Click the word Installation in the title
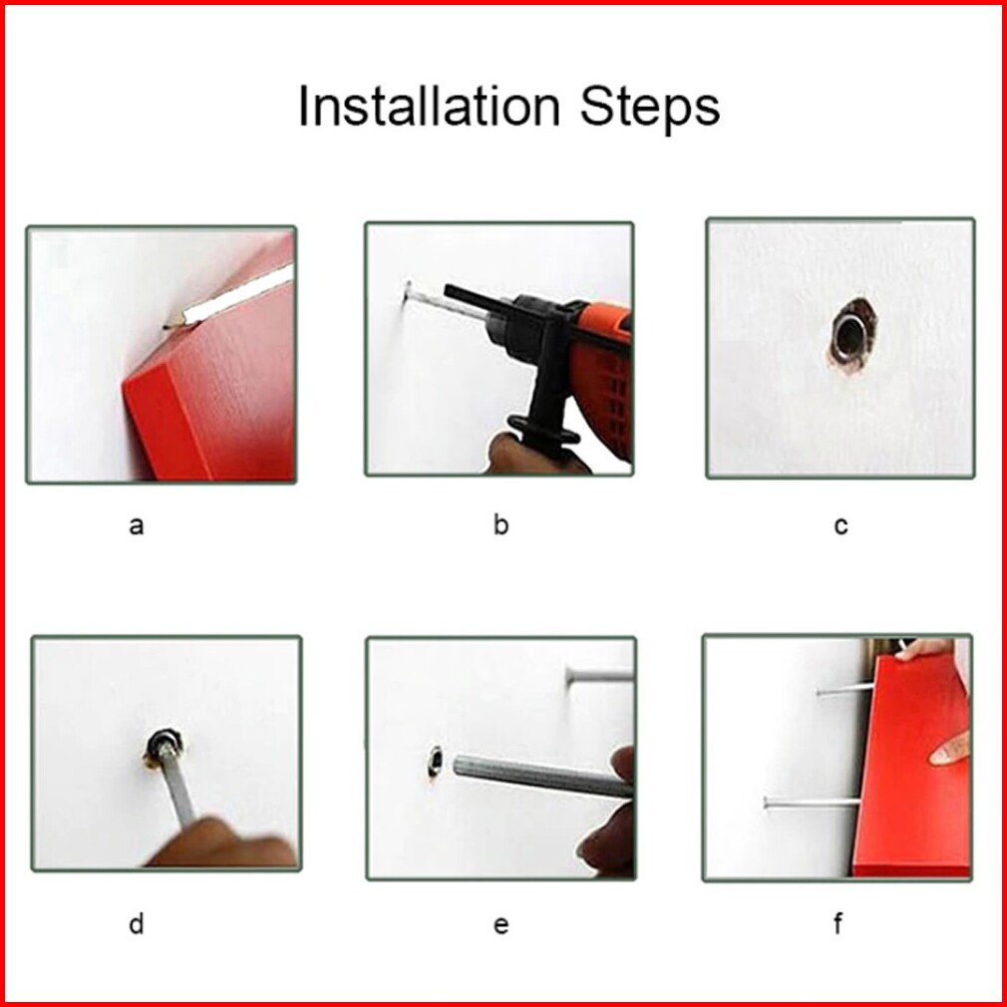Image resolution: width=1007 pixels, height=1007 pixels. (x=429, y=106)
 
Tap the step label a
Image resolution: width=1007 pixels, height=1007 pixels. (x=137, y=526)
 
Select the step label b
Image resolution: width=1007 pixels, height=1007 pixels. (x=501, y=524)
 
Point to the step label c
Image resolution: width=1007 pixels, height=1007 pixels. (x=840, y=526)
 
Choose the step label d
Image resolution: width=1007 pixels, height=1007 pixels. (x=137, y=924)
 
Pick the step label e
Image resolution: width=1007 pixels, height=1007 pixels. (x=501, y=925)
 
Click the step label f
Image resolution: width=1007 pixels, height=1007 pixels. (x=839, y=923)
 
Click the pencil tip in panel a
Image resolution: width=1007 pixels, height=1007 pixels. (x=167, y=326)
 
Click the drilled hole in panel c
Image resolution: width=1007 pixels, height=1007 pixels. (x=850, y=335)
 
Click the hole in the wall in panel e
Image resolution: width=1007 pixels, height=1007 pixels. (x=436, y=761)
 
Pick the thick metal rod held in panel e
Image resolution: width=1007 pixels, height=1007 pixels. (x=542, y=776)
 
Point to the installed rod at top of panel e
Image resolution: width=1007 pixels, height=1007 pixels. (x=599, y=675)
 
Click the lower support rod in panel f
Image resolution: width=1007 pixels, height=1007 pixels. (x=812, y=803)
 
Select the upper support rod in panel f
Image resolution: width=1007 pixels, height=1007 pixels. (x=845, y=690)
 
